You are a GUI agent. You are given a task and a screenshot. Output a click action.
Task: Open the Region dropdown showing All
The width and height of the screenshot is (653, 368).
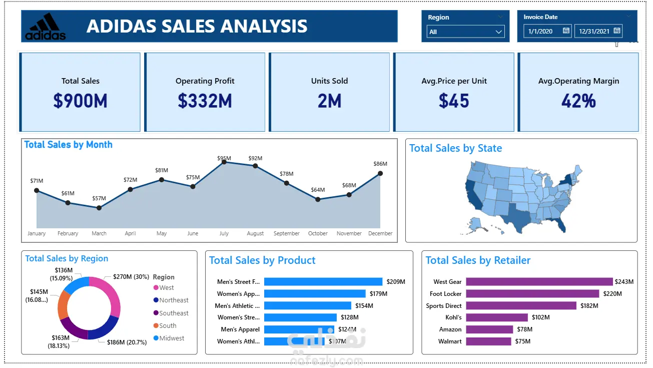(465, 32)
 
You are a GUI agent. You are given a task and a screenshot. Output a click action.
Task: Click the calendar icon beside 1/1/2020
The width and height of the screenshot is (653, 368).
(566, 31)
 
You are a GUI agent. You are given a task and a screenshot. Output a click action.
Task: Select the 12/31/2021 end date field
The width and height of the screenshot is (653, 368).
(594, 32)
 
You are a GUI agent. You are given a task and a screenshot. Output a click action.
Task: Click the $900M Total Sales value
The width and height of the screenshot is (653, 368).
(80, 101)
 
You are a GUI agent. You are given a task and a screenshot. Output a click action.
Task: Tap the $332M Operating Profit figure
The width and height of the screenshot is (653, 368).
(205, 101)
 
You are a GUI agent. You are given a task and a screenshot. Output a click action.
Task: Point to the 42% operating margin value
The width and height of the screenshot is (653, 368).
(578, 101)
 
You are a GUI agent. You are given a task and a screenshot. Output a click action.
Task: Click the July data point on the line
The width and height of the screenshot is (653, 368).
(224, 162)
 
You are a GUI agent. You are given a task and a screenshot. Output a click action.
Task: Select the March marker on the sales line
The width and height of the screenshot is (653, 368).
(99, 207)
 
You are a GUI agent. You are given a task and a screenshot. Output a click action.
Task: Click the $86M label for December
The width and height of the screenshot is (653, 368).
(380, 164)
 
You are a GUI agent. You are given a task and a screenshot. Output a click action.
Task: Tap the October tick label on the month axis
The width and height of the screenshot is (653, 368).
(318, 234)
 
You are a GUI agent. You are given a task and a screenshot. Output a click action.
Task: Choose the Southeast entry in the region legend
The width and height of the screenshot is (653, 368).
(174, 313)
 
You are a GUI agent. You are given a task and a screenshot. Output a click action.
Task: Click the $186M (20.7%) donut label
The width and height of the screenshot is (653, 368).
(127, 342)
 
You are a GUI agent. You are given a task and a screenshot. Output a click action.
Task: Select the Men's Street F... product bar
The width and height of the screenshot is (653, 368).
(323, 282)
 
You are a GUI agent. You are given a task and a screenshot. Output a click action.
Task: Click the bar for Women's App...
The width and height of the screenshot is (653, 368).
(315, 294)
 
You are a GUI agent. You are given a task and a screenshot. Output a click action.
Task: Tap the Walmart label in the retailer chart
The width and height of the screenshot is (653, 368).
(450, 341)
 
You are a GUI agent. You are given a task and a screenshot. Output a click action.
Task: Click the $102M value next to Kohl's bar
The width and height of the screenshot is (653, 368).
(540, 317)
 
